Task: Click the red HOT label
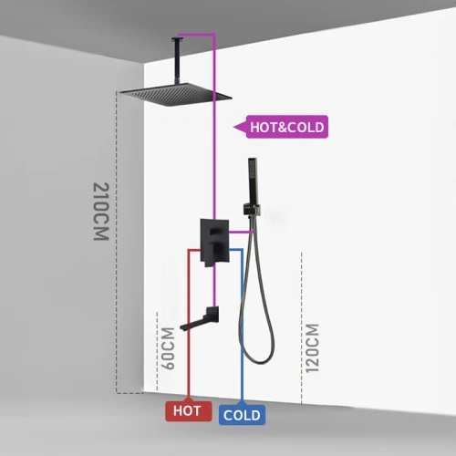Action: [189, 411]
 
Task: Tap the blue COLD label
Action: [242, 415]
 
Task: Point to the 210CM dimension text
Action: [101, 212]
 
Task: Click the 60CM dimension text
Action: [168, 348]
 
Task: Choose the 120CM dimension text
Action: [312, 348]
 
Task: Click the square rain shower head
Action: [175, 95]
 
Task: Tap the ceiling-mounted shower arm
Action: [177, 61]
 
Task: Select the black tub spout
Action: [200, 319]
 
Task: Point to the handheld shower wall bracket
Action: [252, 210]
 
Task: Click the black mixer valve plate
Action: [214, 243]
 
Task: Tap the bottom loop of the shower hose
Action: [257, 356]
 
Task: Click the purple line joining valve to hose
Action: [241, 233]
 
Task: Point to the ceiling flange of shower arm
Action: [178, 38]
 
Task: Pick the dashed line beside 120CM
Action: [302, 328]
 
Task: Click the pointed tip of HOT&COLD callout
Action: [233, 127]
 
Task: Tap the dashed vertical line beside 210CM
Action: [117, 243]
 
